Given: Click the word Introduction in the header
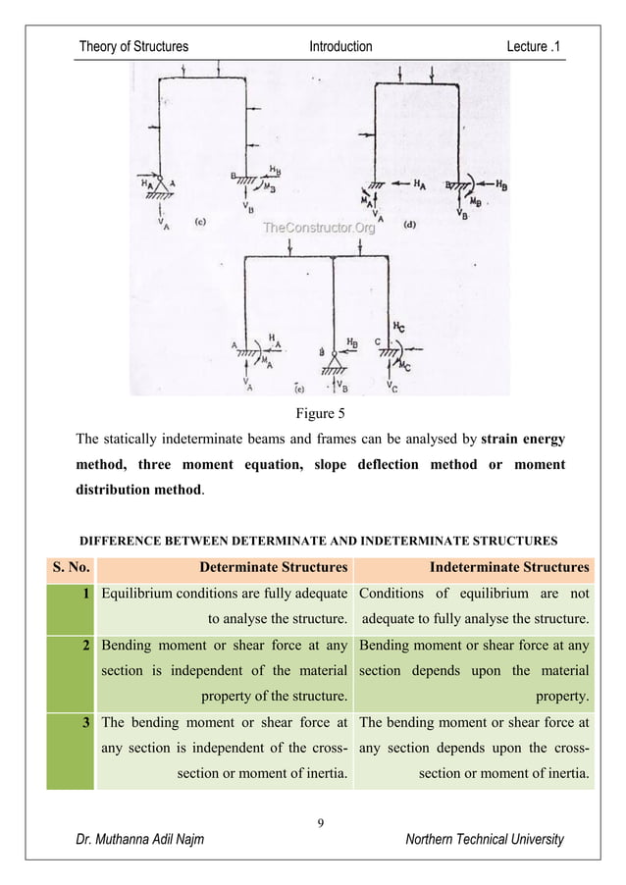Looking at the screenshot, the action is [340, 46].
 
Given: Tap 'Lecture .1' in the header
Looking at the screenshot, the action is [534, 46].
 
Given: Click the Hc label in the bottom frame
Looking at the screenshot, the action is [397, 325].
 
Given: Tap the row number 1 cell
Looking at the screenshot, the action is [86, 593].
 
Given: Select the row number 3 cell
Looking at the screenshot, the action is [86, 721].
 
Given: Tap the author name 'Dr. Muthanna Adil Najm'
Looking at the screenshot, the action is [140, 839].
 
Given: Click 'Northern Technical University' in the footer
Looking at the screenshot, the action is [485, 839].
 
